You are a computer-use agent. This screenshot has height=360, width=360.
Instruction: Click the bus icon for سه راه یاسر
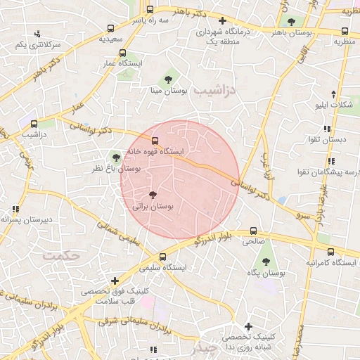[x=150, y=10]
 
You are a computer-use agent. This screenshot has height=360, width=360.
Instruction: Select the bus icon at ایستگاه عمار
[x=123, y=53]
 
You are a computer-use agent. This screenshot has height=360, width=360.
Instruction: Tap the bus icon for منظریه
[x=345, y=31]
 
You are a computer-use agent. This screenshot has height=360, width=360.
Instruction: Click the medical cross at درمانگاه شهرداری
[x=222, y=21]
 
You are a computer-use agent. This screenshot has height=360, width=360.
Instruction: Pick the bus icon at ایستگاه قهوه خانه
[x=155, y=141]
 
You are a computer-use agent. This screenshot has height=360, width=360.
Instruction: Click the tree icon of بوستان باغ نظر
[x=115, y=158]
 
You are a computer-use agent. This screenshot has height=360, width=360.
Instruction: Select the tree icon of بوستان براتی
[x=153, y=195]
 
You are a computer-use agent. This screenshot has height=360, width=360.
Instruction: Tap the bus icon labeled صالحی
[x=254, y=230]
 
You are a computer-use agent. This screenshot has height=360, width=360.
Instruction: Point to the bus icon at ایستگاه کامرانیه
[x=330, y=252]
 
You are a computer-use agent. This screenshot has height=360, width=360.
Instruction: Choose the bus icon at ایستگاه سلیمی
[x=163, y=257]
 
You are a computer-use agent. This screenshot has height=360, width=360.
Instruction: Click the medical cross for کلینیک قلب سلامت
[x=115, y=281]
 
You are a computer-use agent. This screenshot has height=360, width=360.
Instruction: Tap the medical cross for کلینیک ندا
[x=248, y=326]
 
